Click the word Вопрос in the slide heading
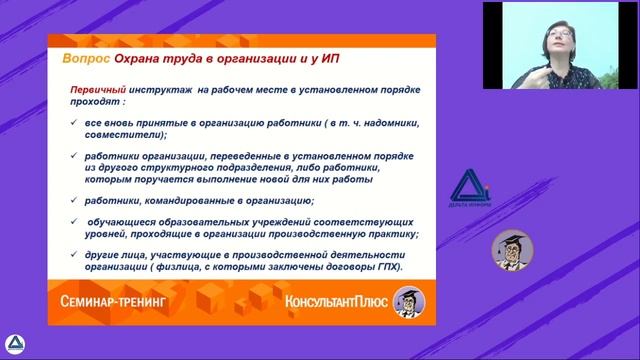tap(79, 59)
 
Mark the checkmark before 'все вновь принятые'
tap(76, 122)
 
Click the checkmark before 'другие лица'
tap(76, 255)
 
